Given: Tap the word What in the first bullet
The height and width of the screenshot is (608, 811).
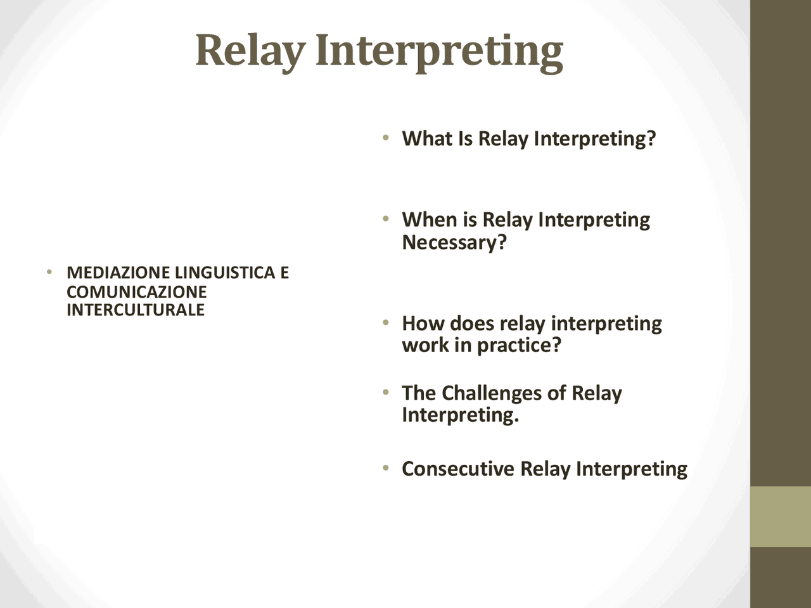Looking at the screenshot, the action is click(x=427, y=138).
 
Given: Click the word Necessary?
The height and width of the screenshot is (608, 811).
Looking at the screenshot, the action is click(x=454, y=242).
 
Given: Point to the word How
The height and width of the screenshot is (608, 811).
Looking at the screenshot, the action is click(x=423, y=324).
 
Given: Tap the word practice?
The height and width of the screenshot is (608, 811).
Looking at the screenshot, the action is click(x=519, y=346).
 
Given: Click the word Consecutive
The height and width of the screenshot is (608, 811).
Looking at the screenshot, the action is click(x=458, y=469).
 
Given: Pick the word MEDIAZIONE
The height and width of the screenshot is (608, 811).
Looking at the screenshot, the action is click(x=118, y=272).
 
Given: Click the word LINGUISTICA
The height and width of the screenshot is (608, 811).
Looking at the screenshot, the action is click(x=225, y=272).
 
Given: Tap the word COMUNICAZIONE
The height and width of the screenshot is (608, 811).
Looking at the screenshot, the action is click(x=137, y=291).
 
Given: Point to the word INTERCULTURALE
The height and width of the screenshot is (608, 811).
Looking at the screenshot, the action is click(x=136, y=310).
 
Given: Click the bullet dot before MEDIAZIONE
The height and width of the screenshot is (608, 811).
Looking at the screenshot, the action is click(x=49, y=272).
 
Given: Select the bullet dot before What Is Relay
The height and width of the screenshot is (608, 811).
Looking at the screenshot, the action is click(x=386, y=137).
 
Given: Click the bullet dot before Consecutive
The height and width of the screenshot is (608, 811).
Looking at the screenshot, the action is click(x=386, y=468).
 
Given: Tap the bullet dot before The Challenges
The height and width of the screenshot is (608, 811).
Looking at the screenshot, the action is click(x=386, y=392).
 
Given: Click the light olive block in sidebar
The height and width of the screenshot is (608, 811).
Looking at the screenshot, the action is click(x=781, y=517).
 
